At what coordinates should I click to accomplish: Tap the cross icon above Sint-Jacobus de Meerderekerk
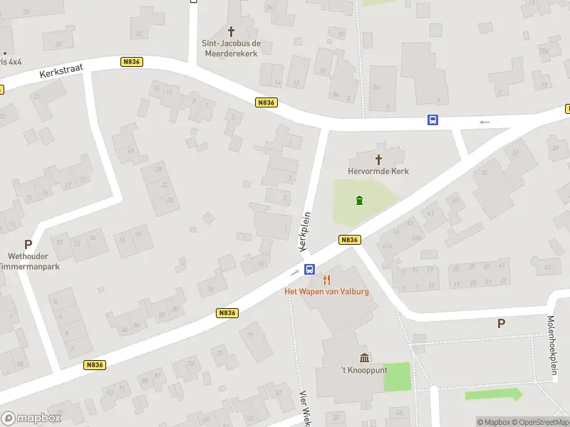(232, 31)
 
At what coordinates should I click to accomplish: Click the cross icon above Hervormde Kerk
(378, 159)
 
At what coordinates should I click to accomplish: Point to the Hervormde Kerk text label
(378, 172)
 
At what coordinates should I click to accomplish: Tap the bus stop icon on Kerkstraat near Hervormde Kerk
(432, 120)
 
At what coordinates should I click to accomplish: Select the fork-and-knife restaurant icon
(327, 279)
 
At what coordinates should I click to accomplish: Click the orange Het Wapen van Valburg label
(327, 292)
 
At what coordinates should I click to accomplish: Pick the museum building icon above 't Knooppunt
(364, 357)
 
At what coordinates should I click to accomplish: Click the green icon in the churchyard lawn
(360, 200)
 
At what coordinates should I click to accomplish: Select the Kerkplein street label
(306, 230)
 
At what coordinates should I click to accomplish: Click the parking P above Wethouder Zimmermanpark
(28, 244)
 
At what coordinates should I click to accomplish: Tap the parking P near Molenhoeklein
(501, 323)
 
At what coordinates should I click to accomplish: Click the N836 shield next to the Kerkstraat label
(132, 62)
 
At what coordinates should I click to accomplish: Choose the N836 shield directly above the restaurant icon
(348, 240)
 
